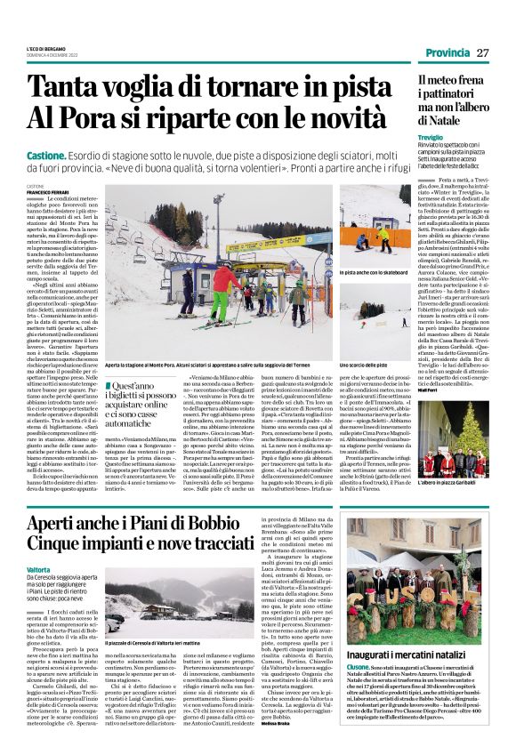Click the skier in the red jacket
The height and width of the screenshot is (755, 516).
pos(222,284)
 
